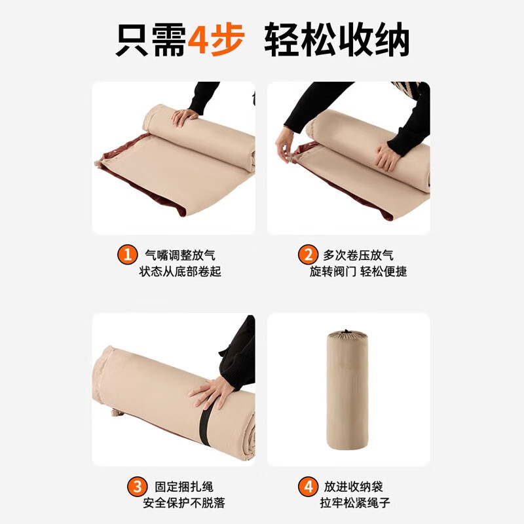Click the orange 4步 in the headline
(x=216, y=41)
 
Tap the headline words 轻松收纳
(x=337, y=41)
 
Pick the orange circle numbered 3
(x=137, y=487)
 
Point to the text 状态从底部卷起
(x=180, y=271)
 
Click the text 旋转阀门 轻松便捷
(x=358, y=271)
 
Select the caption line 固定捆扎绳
(x=184, y=487)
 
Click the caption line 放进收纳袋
(x=353, y=487)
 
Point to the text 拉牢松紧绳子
(x=356, y=503)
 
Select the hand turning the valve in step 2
(x=286, y=151)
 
